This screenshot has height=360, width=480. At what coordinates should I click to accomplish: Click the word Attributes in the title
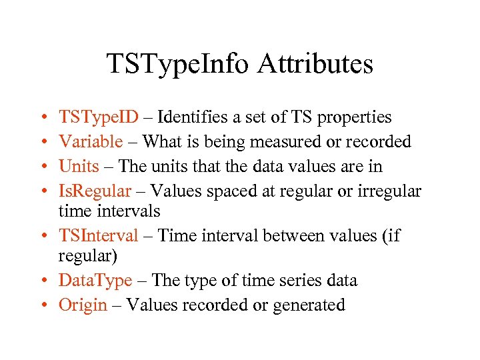pos(316,64)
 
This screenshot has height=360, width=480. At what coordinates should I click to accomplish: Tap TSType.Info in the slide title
pos(178,64)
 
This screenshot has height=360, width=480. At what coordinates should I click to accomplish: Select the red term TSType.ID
pos(99,117)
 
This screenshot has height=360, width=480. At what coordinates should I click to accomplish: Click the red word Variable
pos(91,141)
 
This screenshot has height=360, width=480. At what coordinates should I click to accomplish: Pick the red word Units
pos(79,165)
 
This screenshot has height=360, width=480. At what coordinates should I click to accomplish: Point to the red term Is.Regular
pos(95,191)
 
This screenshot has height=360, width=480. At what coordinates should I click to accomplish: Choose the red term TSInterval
pos(99,235)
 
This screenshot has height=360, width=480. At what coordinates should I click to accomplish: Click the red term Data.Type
pos(95,281)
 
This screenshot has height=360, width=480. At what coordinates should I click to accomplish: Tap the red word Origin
pos(83,305)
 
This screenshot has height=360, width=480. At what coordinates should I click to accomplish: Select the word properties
pos(355,118)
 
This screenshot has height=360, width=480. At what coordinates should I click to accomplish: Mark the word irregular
pos(387,191)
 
